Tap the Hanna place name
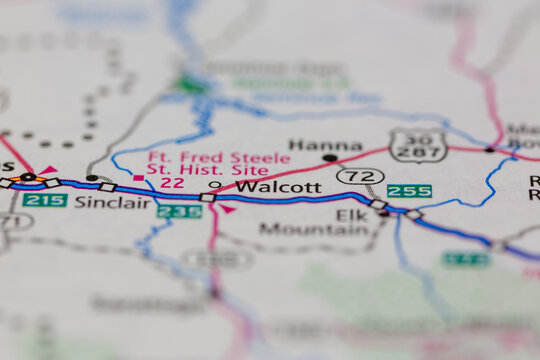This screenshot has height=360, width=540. (x=310, y=145)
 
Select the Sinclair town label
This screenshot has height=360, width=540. (x=112, y=202)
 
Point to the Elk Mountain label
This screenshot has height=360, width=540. (x=314, y=221)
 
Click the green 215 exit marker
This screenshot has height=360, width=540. (x=44, y=200)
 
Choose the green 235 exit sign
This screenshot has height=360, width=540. (x=179, y=211)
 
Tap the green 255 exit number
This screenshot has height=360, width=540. (x=409, y=190)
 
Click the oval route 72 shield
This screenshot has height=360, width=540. (x=360, y=177)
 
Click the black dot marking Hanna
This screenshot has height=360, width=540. (x=329, y=158)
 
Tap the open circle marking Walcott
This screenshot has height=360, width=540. (x=214, y=185)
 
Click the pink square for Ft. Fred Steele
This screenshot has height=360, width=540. (x=138, y=178)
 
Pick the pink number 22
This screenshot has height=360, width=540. (x=172, y=183)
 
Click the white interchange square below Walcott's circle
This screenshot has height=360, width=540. (x=207, y=198)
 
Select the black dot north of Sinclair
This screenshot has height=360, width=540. (x=92, y=178)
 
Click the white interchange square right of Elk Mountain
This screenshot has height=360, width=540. (x=379, y=204)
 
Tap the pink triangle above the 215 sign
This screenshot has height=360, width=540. (x=47, y=171)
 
